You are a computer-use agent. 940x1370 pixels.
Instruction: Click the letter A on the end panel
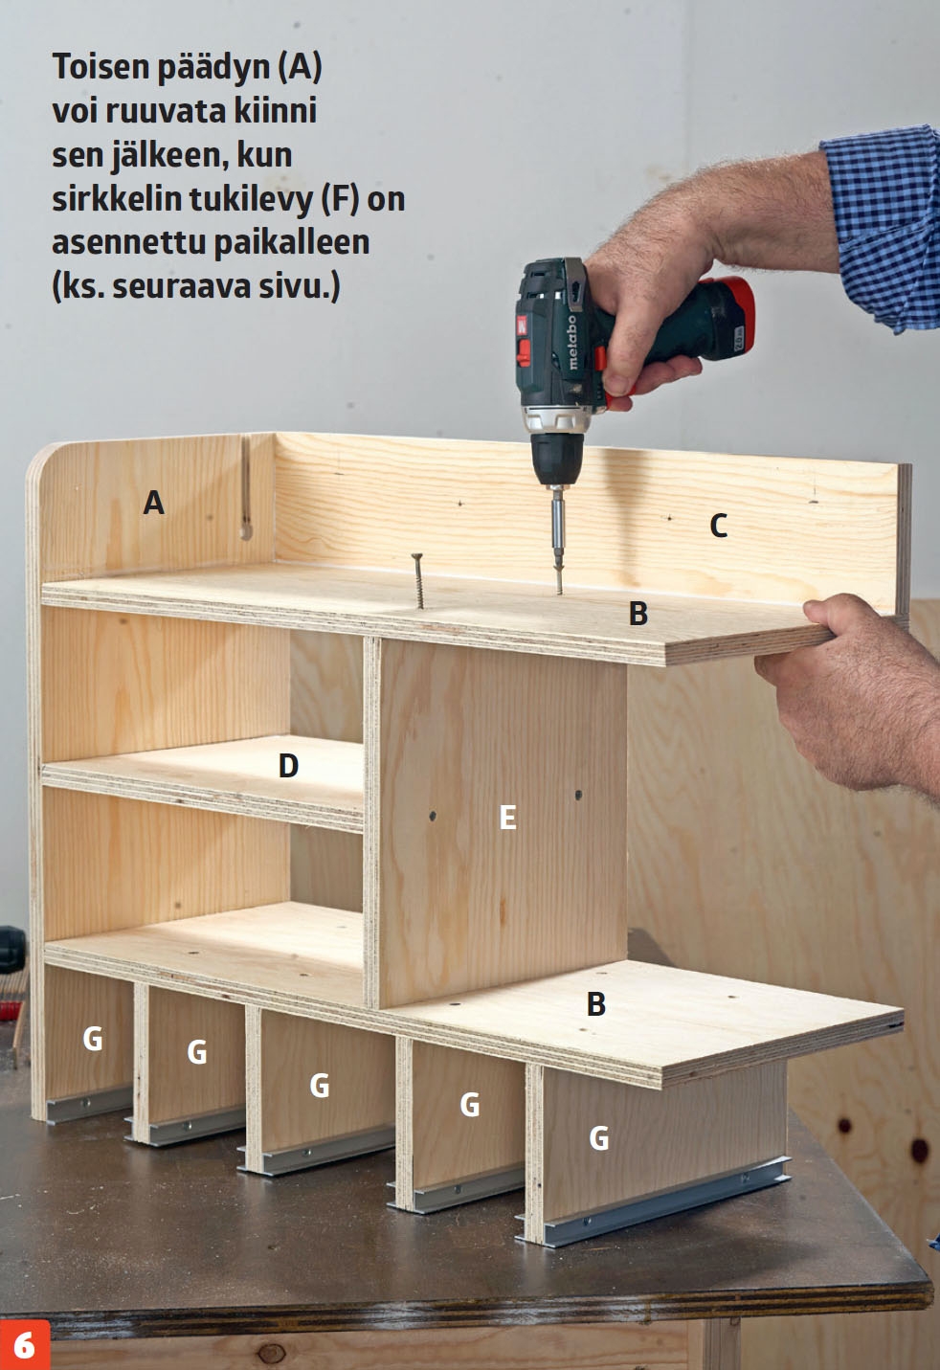(x=153, y=503)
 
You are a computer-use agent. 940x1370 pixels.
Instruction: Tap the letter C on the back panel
(x=719, y=526)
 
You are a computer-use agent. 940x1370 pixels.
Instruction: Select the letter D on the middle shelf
(x=289, y=765)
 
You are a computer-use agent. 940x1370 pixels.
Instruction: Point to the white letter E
(x=507, y=817)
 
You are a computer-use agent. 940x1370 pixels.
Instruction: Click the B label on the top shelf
(x=638, y=614)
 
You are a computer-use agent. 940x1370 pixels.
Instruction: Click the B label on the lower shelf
(x=596, y=1003)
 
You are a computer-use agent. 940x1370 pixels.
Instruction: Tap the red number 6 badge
(x=25, y=1344)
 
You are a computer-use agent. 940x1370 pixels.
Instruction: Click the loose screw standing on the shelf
(x=417, y=580)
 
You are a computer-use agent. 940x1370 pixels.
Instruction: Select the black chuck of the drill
(x=557, y=458)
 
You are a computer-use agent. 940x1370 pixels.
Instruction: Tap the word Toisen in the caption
(x=101, y=67)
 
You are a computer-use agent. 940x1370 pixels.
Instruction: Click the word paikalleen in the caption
(x=291, y=244)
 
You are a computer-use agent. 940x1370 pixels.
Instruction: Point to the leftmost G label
(x=92, y=1038)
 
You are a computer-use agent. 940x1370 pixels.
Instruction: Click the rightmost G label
(x=598, y=1138)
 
